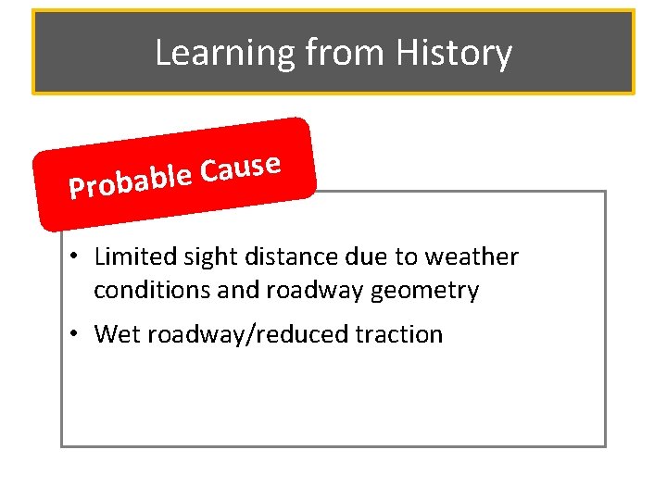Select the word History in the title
tap(454, 54)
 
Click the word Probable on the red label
tap(130, 181)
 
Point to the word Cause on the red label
tap(241, 168)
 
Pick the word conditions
tap(152, 291)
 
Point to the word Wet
tap(116, 334)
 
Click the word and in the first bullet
tap(238, 291)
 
